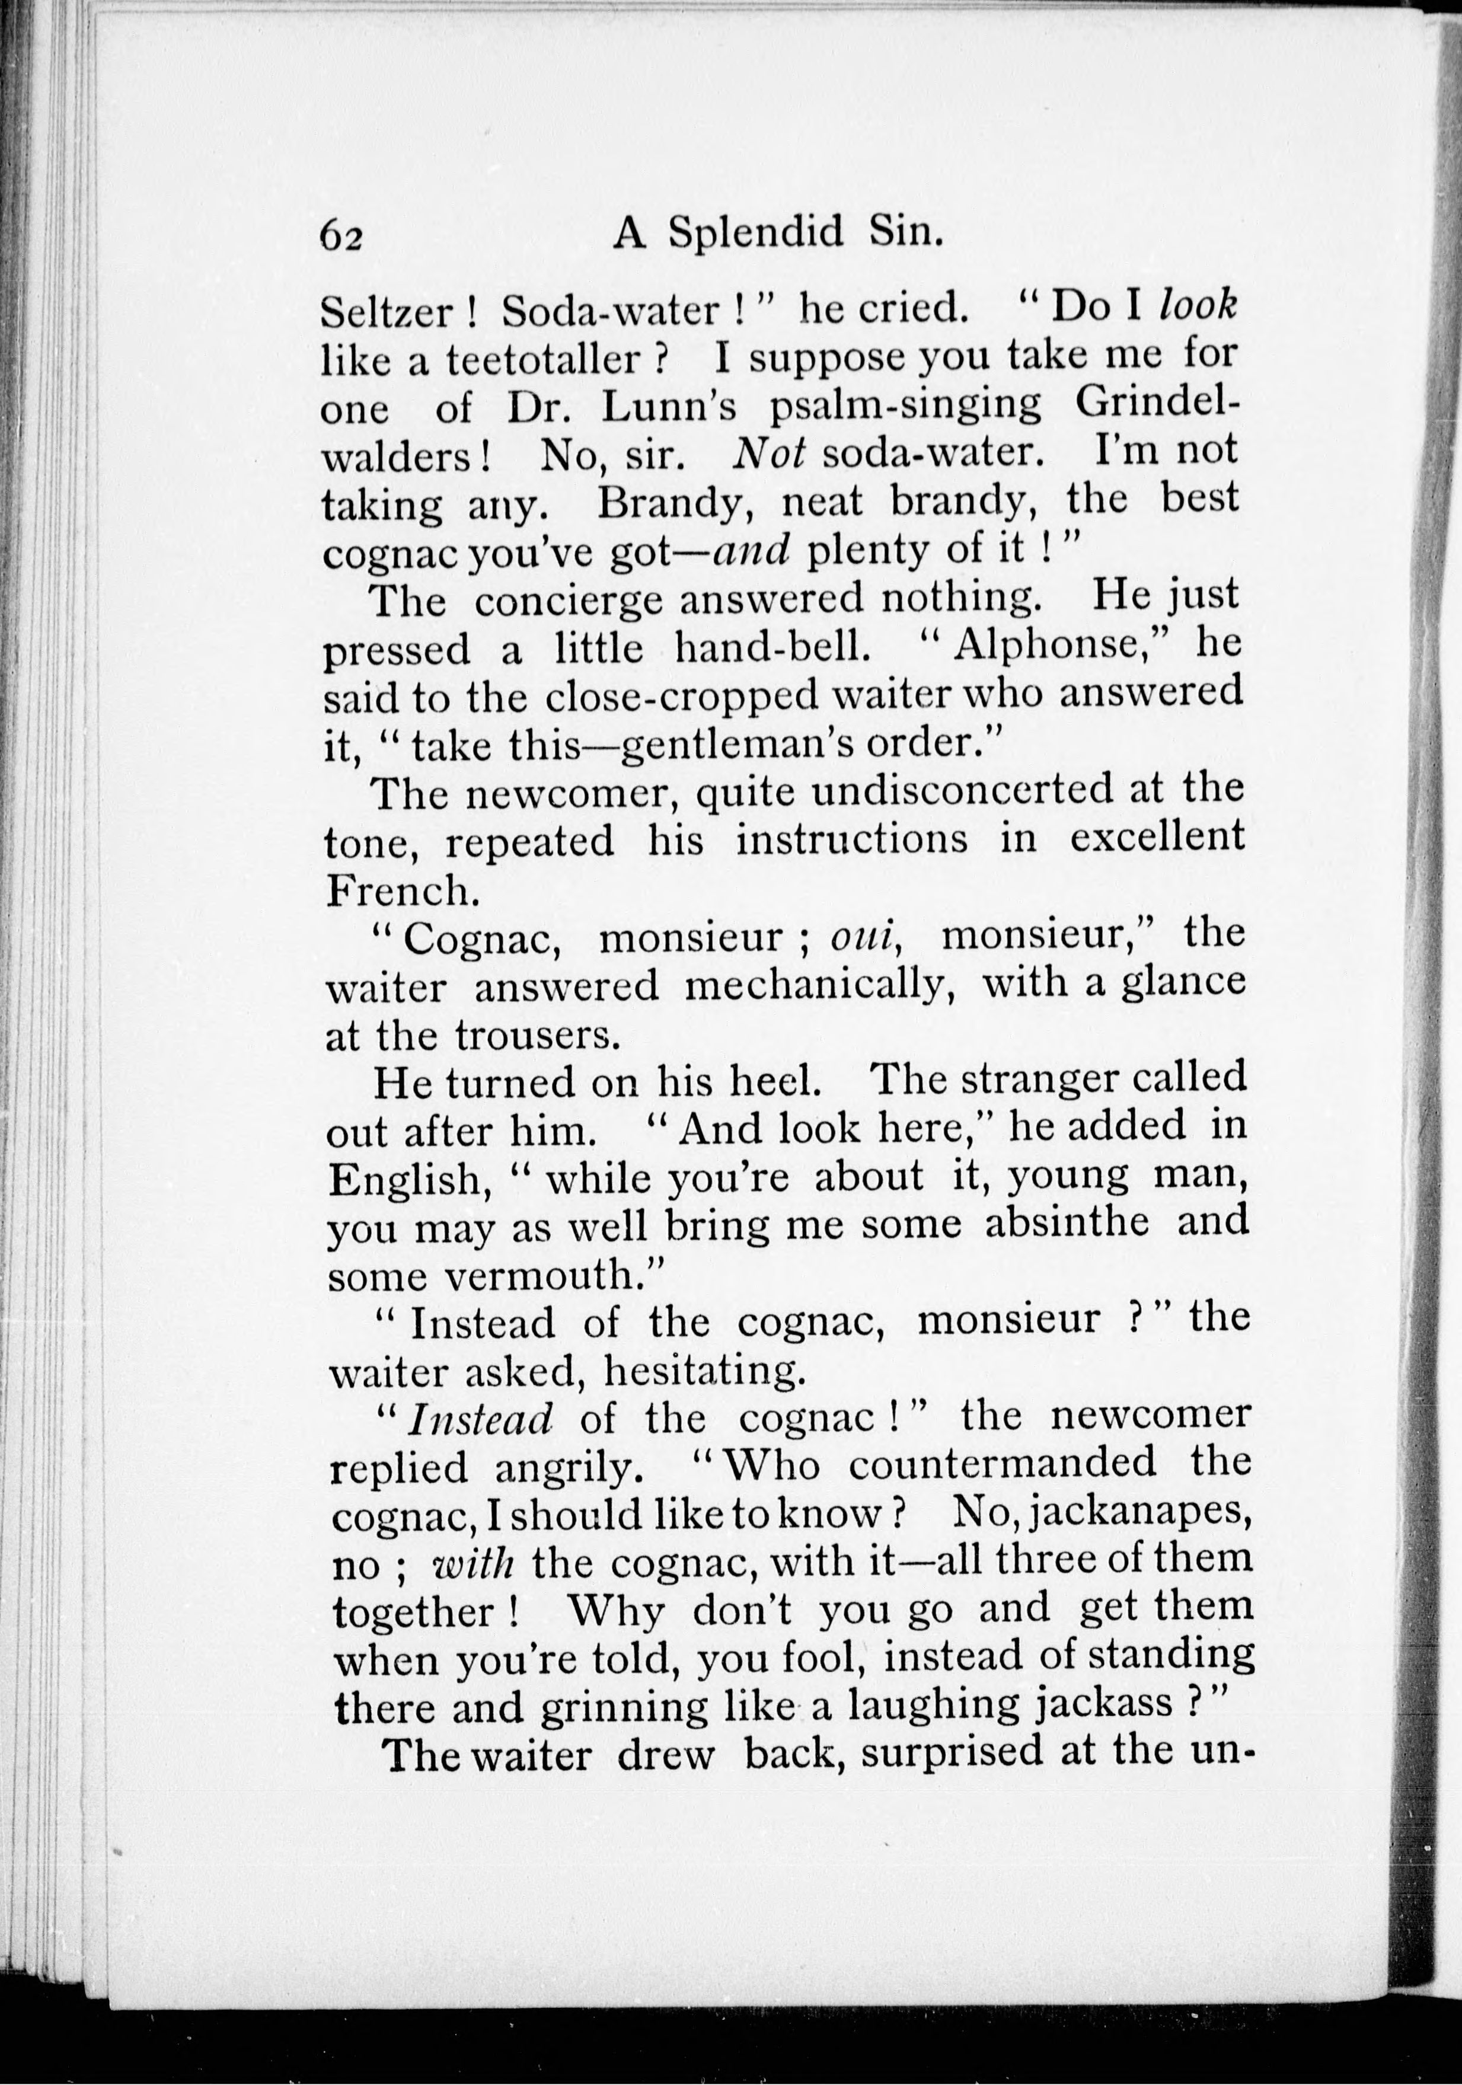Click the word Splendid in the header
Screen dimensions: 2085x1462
coord(756,235)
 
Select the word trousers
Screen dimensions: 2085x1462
coord(537,1037)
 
